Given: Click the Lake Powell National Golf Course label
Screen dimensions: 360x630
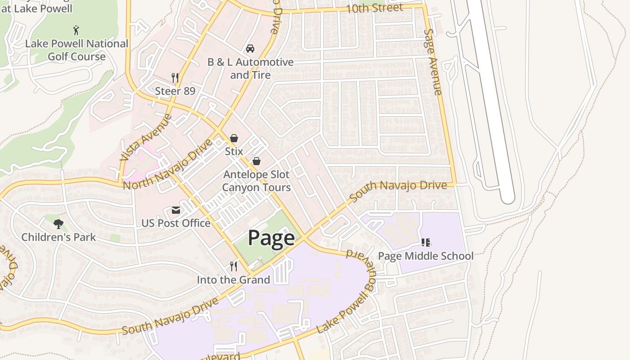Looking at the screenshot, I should click(76, 50).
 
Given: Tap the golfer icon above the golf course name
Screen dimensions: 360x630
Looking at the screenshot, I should click(76, 30).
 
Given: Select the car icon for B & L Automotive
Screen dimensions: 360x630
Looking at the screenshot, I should click(250, 49).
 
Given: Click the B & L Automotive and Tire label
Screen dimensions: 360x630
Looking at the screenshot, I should click(250, 68).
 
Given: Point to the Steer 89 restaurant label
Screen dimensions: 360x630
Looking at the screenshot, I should click(175, 91).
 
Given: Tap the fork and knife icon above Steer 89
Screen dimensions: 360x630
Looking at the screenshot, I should click(175, 78).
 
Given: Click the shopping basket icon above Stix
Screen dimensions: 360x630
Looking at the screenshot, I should click(234, 138).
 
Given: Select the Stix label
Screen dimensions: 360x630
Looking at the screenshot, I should click(234, 151).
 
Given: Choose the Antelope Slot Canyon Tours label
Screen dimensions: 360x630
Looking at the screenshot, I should click(256, 181).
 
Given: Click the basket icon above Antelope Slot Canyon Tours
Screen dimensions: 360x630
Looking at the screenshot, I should click(256, 161).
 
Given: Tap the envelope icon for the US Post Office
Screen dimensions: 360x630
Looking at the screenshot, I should click(175, 210).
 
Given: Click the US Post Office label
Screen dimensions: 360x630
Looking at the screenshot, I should click(176, 223).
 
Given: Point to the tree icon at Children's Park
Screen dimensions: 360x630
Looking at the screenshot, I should click(58, 224).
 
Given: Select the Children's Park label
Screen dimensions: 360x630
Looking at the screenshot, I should click(58, 237).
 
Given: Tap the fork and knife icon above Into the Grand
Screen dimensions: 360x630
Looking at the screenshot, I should click(234, 266).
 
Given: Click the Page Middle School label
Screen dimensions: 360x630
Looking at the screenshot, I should click(425, 256).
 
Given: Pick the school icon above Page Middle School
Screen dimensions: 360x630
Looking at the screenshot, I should click(425, 243).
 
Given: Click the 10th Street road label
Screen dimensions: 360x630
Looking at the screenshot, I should click(374, 8).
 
